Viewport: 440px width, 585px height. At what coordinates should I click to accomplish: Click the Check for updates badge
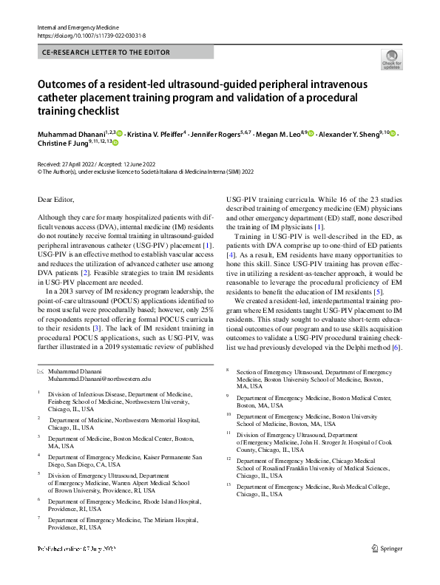[x=392, y=60]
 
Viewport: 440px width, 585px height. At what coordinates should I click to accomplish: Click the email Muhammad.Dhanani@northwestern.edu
[x=98, y=378]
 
